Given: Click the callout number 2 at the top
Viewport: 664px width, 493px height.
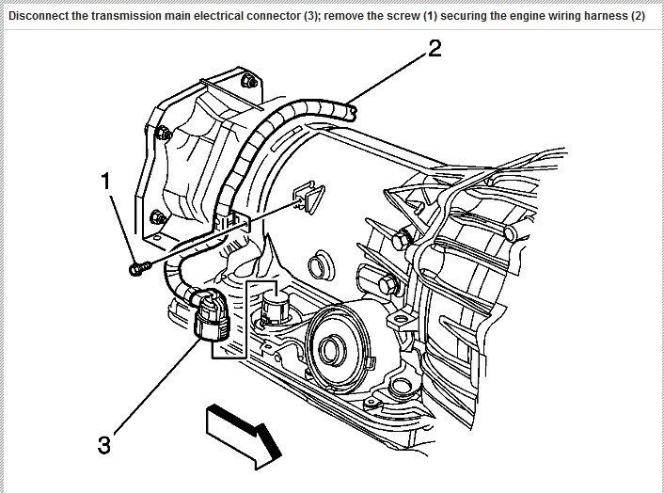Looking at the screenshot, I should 434,49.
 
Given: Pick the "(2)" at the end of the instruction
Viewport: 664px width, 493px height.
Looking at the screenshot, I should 637,17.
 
